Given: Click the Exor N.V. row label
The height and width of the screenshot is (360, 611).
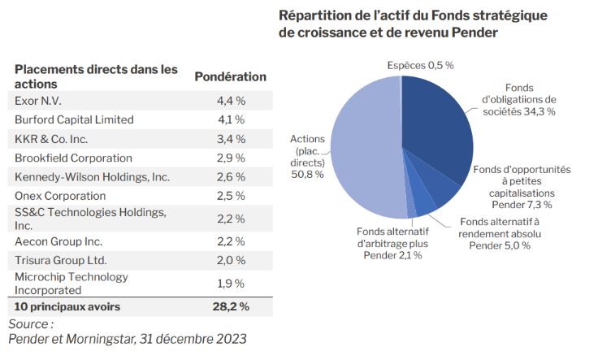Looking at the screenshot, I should click(38, 101).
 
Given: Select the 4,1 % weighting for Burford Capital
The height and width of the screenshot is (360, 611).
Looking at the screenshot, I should click(230, 119).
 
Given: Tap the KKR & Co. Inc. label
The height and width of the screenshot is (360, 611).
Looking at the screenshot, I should click(51, 138).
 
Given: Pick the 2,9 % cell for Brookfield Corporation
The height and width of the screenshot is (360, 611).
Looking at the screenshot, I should click(230, 158).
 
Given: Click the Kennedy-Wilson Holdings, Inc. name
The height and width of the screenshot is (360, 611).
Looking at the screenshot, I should click(92, 176).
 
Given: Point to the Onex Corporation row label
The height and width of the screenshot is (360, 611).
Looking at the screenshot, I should click(60, 196).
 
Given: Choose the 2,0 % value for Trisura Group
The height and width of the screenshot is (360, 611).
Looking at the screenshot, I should click(230, 260).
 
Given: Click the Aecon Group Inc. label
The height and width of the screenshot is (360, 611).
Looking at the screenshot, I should click(58, 241).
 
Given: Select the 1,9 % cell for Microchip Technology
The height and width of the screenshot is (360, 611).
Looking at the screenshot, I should click(230, 283).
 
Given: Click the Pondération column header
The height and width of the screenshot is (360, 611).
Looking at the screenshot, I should click(230, 76).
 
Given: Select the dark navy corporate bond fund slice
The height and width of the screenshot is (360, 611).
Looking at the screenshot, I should click(439, 130).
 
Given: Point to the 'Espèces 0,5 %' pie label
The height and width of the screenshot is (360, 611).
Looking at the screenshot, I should click(420, 65).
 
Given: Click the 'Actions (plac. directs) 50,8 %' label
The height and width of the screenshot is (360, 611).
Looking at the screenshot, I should click(308, 156).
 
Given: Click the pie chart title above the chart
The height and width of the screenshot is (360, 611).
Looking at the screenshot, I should click(413, 24).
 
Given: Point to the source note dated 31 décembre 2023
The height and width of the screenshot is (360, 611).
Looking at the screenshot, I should click(126, 338).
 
